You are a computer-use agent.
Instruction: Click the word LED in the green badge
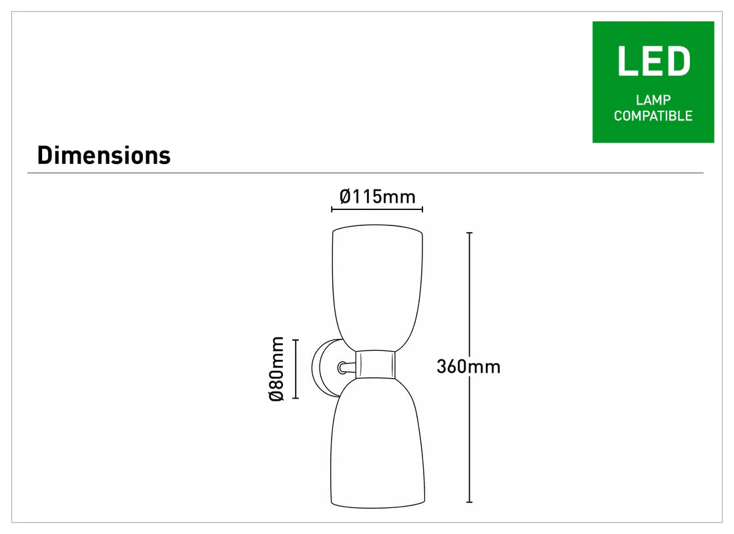click(653, 61)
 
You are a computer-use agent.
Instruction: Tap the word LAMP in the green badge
click(653, 99)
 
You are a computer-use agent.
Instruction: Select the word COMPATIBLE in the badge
click(653, 115)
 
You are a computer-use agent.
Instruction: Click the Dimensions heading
click(104, 155)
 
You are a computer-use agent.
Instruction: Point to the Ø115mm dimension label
click(377, 197)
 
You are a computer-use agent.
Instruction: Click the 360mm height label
click(468, 367)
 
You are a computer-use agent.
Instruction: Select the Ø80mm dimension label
click(277, 369)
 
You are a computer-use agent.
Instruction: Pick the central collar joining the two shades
click(376, 364)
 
